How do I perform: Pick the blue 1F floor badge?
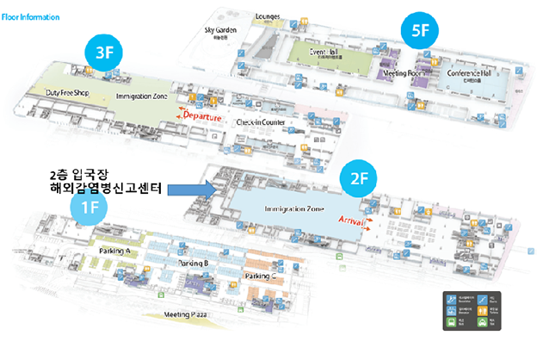89,207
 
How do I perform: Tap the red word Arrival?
355,222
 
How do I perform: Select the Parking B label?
194,262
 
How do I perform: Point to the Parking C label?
261,276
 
